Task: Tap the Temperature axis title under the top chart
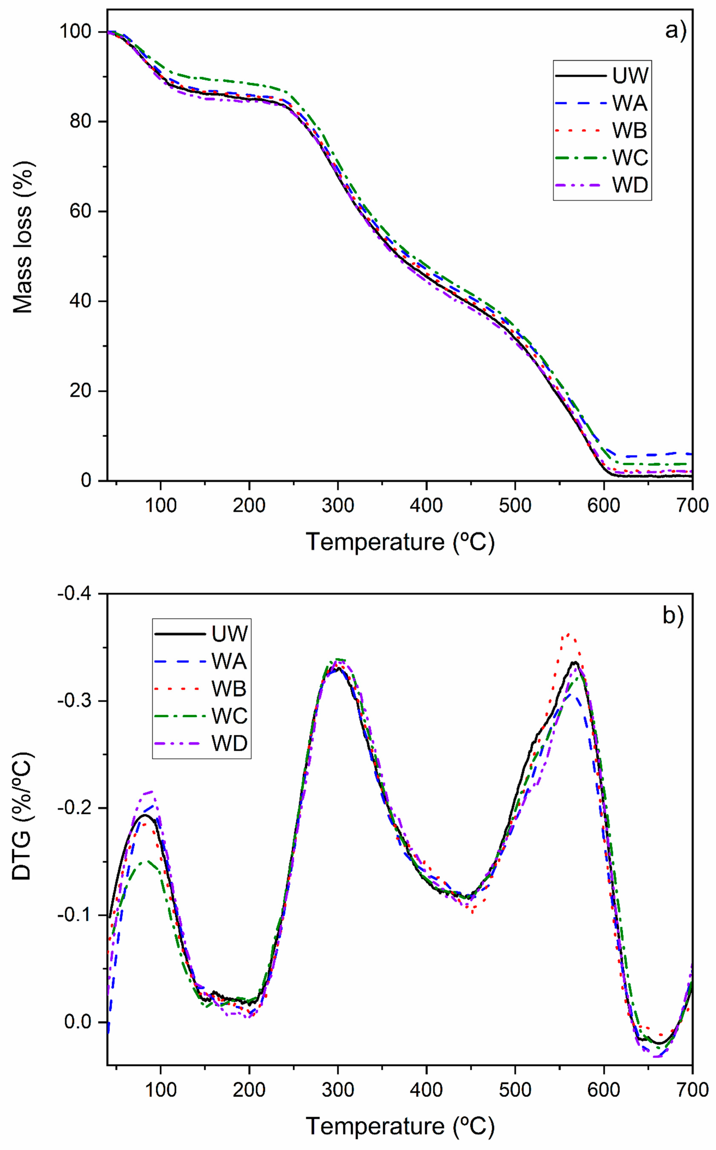click(x=400, y=541)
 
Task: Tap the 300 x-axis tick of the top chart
click(x=338, y=505)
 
